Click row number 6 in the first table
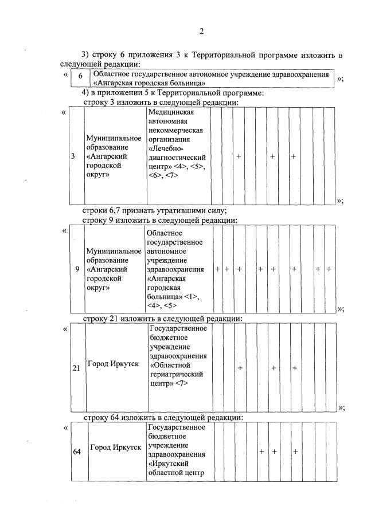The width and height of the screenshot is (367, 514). pyautogui.click(x=81, y=77)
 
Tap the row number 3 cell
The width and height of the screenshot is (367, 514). pyautogui.click(x=73, y=156)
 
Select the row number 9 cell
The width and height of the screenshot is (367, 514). pyautogui.click(x=77, y=269)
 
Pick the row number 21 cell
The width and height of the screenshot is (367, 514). pyautogui.click(x=76, y=368)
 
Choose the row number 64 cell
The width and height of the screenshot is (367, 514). pyautogui.click(x=77, y=452)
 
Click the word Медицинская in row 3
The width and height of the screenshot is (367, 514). pyautogui.click(x=170, y=112)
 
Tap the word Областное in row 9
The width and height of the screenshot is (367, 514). pyautogui.click(x=164, y=233)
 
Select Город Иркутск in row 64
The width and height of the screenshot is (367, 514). pyautogui.click(x=113, y=447)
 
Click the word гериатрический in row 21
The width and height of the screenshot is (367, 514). pyautogui.click(x=177, y=375)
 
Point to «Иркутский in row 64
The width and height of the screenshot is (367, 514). pyautogui.click(x=169, y=462)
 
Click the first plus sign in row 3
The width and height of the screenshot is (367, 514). pyautogui.click(x=238, y=156)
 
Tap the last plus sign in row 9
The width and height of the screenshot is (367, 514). pyautogui.click(x=329, y=269)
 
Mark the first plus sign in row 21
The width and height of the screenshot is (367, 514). pyautogui.click(x=240, y=368)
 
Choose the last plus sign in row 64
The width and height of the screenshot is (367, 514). pyautogui.click(x=295, y=452)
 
